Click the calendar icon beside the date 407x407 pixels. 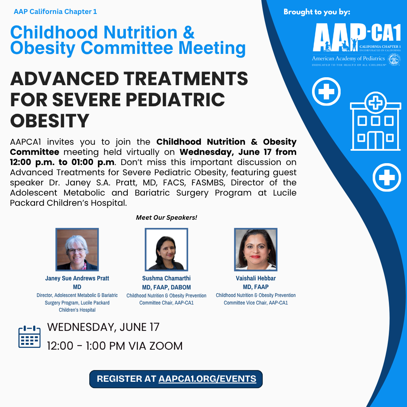(x=29, y=337)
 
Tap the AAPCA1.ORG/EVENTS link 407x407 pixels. (x=207, y=379)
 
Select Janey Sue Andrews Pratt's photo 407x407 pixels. (x=77, y=249)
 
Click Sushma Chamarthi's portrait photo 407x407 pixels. (x=167, y=249)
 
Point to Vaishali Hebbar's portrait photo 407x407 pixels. (x=256, y=249)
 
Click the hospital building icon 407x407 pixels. (x=375, y=121)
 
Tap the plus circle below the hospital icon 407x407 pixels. (x=387, y=177)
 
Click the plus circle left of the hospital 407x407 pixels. (x=326, y=91)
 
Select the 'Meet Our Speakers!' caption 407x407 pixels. (x=167, y=217)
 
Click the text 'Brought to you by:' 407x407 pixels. (x=317, y=12)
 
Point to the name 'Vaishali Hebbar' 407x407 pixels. (x=256, y=278)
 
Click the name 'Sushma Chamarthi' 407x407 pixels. (x=167, y=278)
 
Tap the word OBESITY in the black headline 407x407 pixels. (x=50, y=121)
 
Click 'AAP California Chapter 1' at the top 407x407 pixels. (x=55, y=12)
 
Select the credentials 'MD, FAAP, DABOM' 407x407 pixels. (x=167, y=287)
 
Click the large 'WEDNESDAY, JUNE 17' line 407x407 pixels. (x=103, y=327)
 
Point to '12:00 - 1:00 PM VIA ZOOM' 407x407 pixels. (x=115, y=346)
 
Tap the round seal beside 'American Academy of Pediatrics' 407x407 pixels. (x=394, y=60)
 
